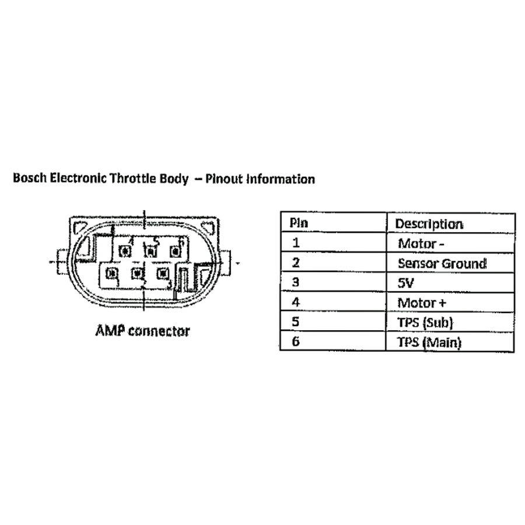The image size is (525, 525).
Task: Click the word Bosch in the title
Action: [28, 178]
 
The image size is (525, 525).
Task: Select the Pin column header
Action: [299, 223]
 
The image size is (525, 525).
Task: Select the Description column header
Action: [429, 223]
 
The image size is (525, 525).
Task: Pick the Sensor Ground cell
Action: [442, 263]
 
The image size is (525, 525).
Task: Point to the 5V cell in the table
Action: [405, 283]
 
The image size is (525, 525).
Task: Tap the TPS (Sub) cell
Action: [425, 323]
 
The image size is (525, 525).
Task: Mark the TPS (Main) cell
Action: [429, 342]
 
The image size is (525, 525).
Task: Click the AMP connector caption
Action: [142, 331]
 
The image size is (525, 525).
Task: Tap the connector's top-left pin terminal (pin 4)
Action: [124, 251]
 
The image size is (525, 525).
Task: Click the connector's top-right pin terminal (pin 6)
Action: [174, 251]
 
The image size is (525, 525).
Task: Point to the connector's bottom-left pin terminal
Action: [112, 272]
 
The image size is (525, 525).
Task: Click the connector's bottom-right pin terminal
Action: [162, 272]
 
